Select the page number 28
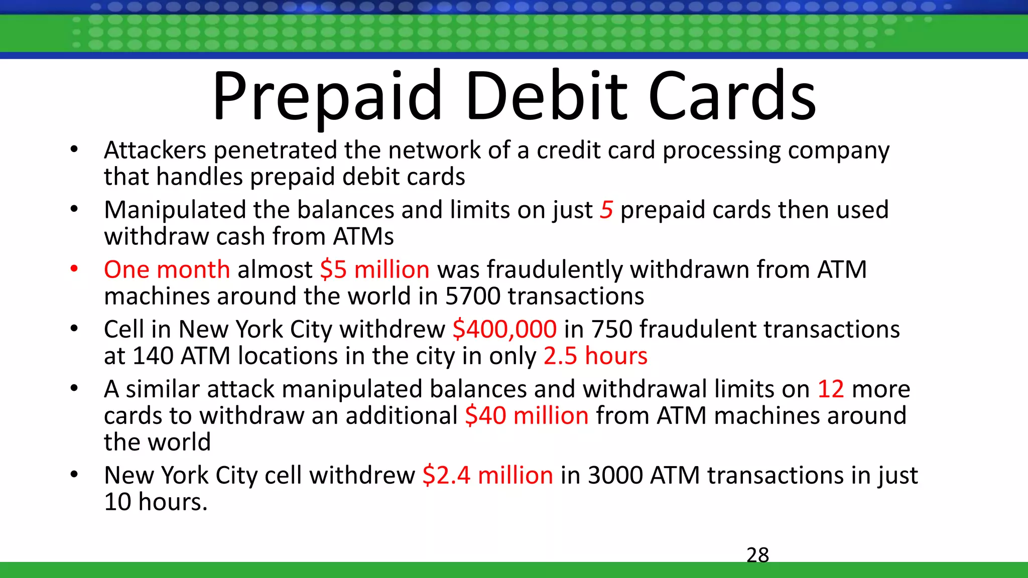pyautogui.click(x=757, y=555)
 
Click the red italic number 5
pyautogui.click(x=606, y=210)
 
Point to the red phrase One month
pyautogui.click(x=167, y=269)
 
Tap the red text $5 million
pyautogui.click(x=374, y=269)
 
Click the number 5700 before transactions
pyautogui.click(x=472, y=296)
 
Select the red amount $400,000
pyautogui.click(x=504, y=329)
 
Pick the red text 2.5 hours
pyautogui.click(x=595, y=356)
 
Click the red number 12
pyautogui.click(x=831, y=389)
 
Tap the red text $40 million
pyautogui.click(x=527, y=415)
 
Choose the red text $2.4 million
pyautogui.click(x=487, y=475)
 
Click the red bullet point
pyautogui.click(x=74, y=269)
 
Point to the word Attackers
pyautogui.click(x=155, y=150)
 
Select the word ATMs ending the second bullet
pyautogui.click(x=363, y=236)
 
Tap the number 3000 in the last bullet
pyautogui.click(x=615, y=475)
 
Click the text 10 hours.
pyautogui.click(x=155, y=502)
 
